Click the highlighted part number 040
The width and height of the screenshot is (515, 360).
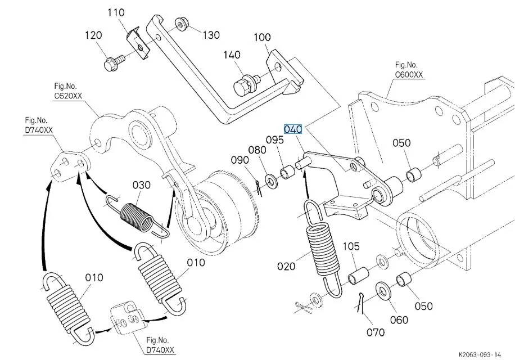[293, 129]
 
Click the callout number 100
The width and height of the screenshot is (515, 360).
[262, 38]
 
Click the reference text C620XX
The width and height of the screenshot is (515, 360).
[67, 96]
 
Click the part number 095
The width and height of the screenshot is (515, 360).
[275, 139]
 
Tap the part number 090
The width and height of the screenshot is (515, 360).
[240, 160]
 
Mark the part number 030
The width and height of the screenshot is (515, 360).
[142, 185]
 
